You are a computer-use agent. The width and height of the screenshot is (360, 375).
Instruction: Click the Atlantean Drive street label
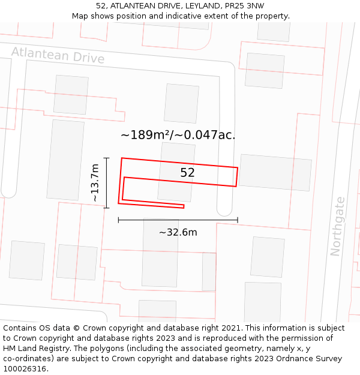(x=58, y=55)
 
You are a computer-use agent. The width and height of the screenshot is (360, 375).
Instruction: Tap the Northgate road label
(x=338, y=226)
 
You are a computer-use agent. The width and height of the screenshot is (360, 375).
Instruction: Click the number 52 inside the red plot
(x=188, y=173)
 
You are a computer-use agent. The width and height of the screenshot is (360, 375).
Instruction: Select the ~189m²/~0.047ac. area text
(x=178, y=135)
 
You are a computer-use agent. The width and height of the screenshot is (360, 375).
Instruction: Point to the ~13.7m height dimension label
(x=94, y=183)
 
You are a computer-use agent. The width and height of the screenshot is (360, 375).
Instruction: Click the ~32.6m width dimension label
(x=178, y=232)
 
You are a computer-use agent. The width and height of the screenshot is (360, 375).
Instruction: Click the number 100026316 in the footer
(x=24, y=369)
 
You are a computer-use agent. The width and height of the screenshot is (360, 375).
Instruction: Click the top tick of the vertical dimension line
(x=107, y=158)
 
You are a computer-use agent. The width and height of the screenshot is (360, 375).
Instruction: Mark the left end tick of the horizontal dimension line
(x=119, y=220)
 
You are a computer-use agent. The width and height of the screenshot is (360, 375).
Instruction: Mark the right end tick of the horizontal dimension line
(x=238, y=220)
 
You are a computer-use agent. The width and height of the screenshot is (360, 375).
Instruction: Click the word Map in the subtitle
(x=80, y=16)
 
